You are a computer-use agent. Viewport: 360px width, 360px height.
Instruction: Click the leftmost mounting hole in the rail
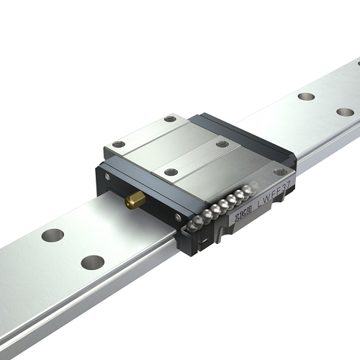click(53, 235)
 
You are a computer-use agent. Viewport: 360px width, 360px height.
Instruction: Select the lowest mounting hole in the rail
click(92, 262)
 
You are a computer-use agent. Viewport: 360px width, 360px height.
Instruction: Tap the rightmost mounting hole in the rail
click(345, 112)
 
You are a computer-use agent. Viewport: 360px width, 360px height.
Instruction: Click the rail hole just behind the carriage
click(305, 95)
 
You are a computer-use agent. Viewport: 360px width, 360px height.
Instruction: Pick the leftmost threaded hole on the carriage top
click(118, 144)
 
